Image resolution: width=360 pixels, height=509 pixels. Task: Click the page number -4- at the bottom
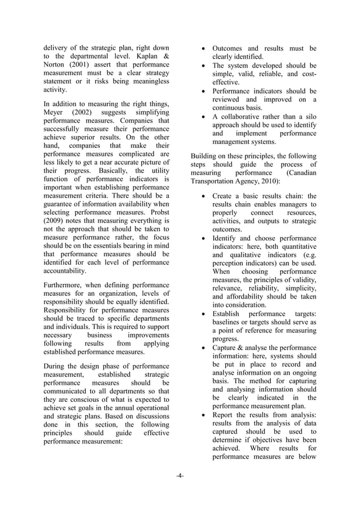(179, 476)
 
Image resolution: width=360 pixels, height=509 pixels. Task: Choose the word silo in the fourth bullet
(309, 117)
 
